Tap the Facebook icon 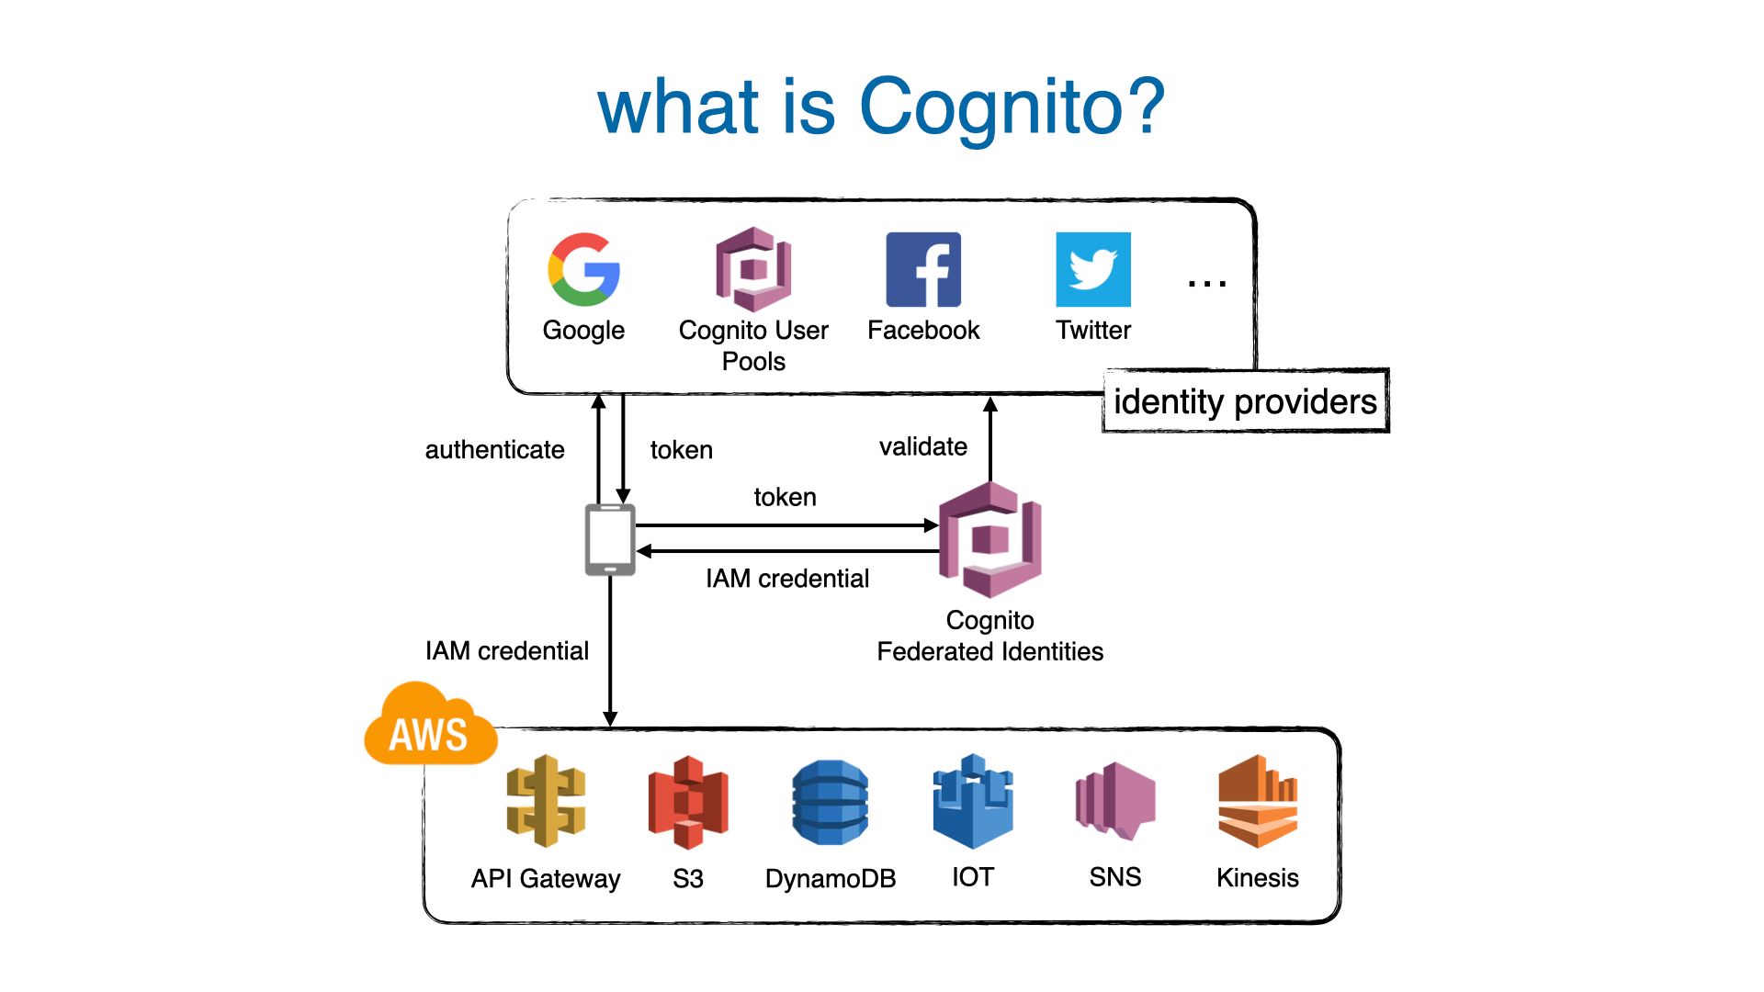[x=923, y=269]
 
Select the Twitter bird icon [x=1093, y=269]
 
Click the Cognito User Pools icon [x=753, y=269]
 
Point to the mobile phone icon [x=610, y=540]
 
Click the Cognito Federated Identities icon [x=989, y=540]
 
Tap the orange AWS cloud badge [x=430, y=726]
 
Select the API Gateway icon [x=546, y=801]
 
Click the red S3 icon [x=688, y=802]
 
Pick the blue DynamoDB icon [x=830, y=802]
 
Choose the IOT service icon [x=973, y=801]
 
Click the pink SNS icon [x=1115, y=801]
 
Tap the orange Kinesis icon [x=1258, y=801]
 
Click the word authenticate [x=494, y=450]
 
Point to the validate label [x=923, y=446]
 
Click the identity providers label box [x=1246, y=400]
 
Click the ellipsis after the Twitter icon [x=1206, y=284]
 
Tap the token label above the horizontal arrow [x=785, y=497]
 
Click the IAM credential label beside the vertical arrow [x=507, y=650]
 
